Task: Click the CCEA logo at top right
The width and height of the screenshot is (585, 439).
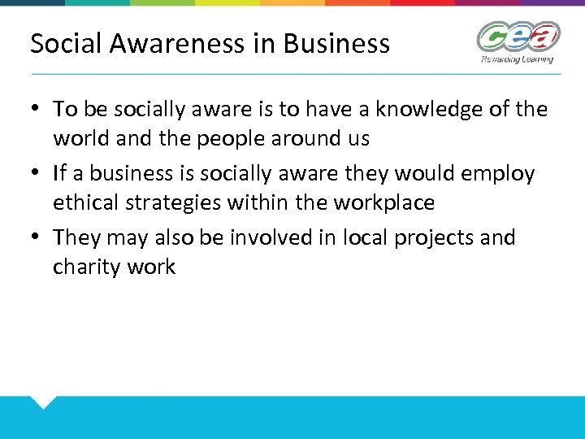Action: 518,37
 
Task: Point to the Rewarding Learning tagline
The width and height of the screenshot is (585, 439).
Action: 517,59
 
